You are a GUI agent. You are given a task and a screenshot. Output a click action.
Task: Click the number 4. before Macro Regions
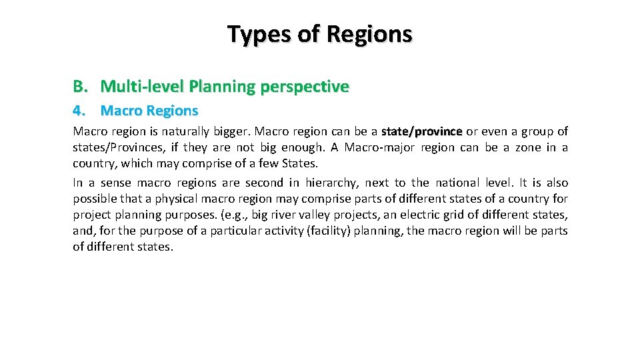pos(79,111)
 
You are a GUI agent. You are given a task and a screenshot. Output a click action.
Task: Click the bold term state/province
pos(421,132)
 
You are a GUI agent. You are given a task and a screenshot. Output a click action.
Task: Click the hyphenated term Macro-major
pos(375,148)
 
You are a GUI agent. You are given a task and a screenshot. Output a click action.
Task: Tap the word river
pos(308,215)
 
